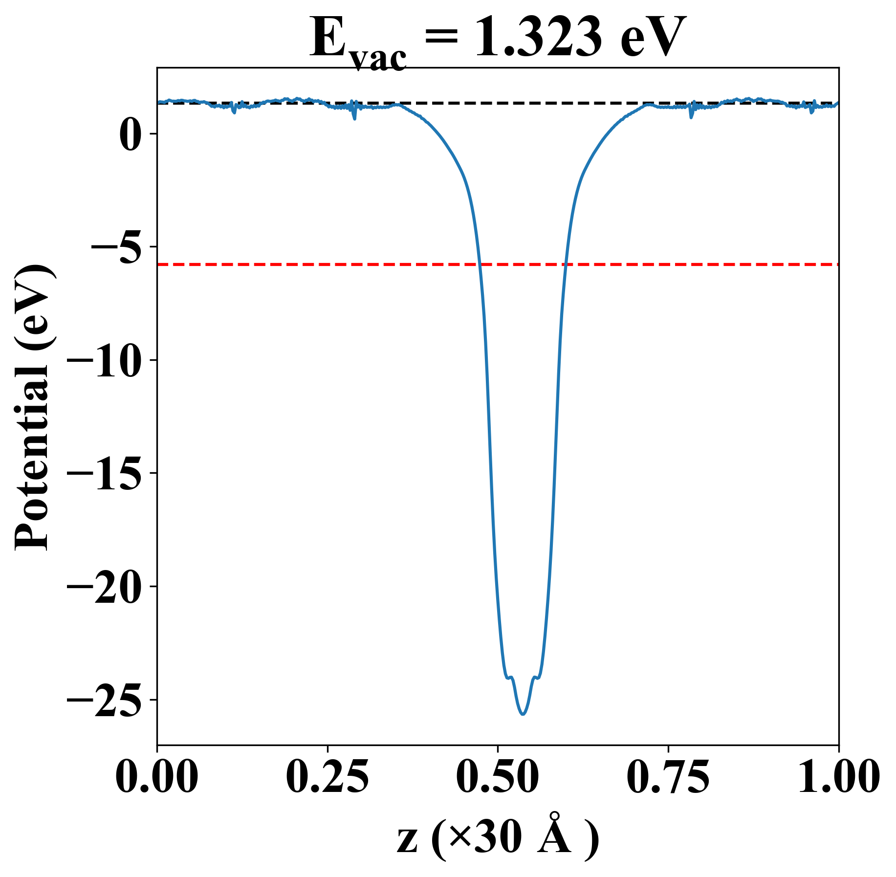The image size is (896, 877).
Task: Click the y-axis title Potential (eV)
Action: tap(33, 408)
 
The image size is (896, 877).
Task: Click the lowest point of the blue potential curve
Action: tap(523, 714)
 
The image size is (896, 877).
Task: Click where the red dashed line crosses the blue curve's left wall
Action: tap(480, 264)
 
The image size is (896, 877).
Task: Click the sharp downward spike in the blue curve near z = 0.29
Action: tap(354, 118)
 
